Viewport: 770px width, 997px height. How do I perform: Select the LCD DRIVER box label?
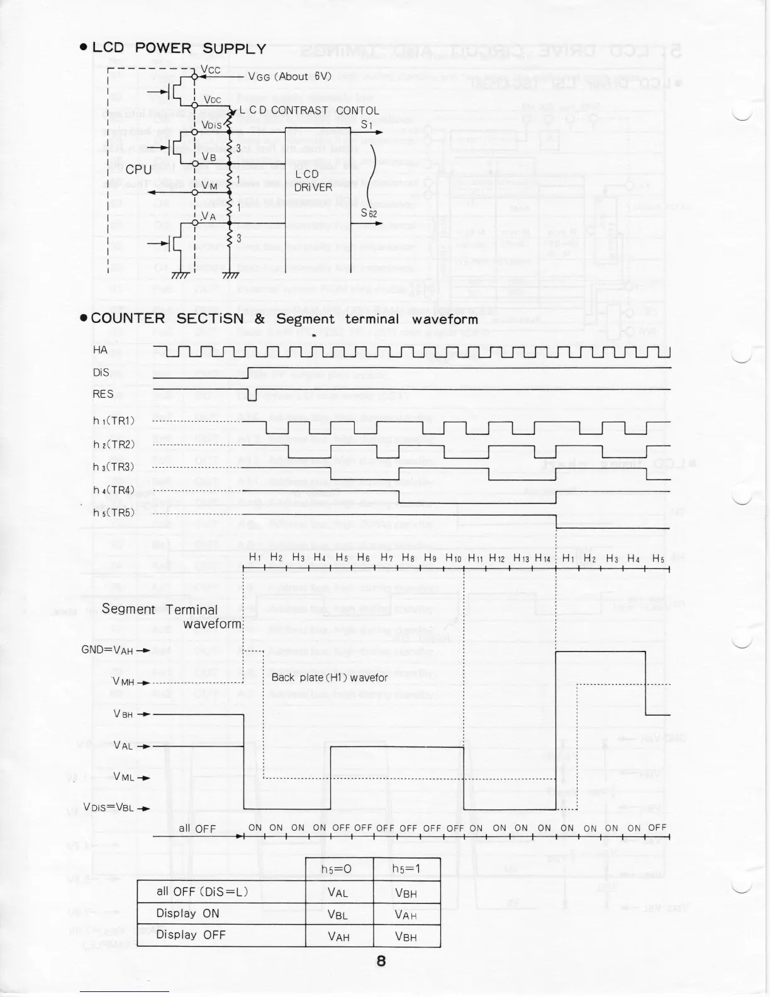point(314,180)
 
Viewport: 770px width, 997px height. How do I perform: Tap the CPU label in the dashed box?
point(138,170)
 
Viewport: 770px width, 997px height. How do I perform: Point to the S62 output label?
point(369,213)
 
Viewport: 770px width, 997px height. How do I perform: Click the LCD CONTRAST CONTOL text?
point(310,110)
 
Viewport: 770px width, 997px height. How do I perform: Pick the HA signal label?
point(100,350)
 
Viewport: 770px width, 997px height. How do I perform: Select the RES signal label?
point(103,394)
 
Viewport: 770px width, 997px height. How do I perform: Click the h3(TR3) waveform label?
point(114,467)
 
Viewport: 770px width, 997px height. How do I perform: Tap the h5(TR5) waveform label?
point(114,512)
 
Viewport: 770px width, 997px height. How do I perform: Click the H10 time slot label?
point(454,558)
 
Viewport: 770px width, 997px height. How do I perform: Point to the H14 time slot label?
point(542,558)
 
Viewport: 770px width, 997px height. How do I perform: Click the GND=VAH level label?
point(108,650)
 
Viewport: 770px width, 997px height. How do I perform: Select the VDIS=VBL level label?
point(108,808)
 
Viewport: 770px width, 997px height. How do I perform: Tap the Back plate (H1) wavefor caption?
point(330,678)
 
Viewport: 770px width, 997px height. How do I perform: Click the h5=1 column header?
point(406,869)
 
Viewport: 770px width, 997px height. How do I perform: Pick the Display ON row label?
point(184,913)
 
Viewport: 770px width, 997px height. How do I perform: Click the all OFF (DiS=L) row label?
point(203,891)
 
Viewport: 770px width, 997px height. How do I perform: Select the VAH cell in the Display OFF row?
point(338,937)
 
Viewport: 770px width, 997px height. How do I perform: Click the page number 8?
point(381,961)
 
